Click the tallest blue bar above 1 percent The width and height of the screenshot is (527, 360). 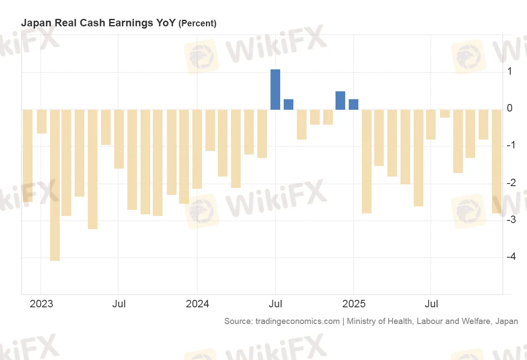(275, 90)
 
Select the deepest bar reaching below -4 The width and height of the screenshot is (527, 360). (55, 184)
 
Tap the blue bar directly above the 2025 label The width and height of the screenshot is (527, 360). (354, 104)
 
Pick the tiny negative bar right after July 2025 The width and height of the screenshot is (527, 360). (445, 114)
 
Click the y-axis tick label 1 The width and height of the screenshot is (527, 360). (509, 71)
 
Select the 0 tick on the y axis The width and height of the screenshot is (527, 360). (509, 108)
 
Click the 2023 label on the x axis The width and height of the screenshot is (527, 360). (41, 304)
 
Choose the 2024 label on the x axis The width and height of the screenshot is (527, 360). (197, 304)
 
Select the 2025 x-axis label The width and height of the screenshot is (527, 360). (354, 304)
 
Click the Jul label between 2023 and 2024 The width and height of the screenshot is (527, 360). (119, 304)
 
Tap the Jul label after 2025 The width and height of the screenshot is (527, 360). (432, 304)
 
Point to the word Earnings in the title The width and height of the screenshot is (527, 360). (135, 23)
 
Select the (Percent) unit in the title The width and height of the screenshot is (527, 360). (197, 24)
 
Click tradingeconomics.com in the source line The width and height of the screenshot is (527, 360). (297, 321)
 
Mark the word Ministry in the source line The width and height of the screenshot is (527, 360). (361, 321)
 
